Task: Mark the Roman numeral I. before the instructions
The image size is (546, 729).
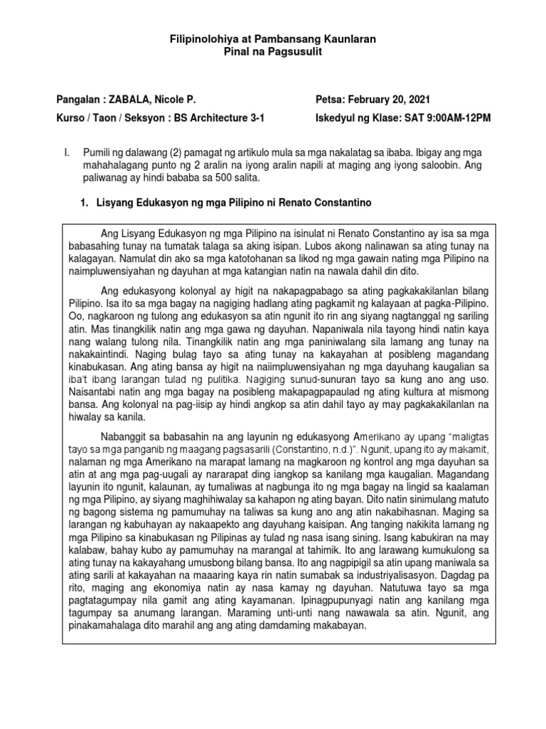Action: point(67,152)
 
